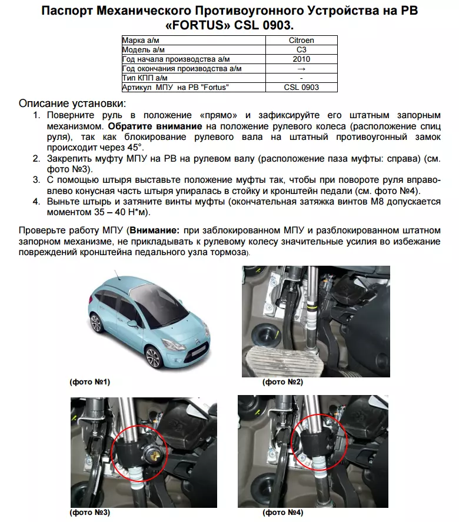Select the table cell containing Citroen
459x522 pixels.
click(x=301, y=41)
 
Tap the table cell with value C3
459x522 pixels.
click(x=301, y=50)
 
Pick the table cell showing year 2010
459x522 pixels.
click(x=301, y=59)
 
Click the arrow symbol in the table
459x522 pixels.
click(x=301, y=69)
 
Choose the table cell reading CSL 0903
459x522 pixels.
click(x=301, y=88)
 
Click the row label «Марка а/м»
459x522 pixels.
click(x=141, y=41)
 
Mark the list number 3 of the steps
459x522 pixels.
click(x=35, y=180)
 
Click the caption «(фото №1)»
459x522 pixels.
click(x=89, y=382)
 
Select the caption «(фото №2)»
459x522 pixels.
click(x=282, y=382)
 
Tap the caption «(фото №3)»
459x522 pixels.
click(x=89, y=513)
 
